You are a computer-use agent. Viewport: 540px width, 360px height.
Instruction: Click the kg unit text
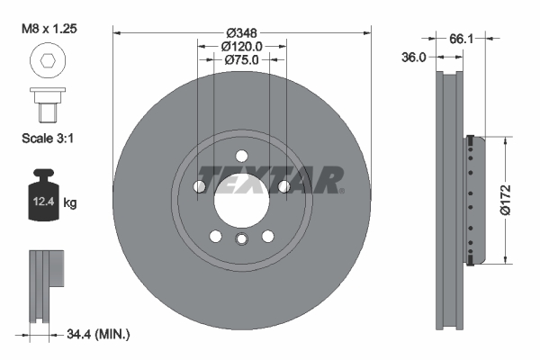pyautogui.click(x=70, y=203)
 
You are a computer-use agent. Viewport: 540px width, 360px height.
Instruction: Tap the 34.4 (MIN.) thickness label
pyautogui.click(x=98, y=335)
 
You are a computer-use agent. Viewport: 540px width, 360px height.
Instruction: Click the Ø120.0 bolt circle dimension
pyautogui.click(x=241, y=47)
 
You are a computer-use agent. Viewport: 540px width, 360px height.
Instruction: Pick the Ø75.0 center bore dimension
pyautogui.click(x=241, y=59)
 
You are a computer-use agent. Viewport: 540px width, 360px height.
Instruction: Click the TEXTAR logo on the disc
pyautogui.click(x=270, y=180)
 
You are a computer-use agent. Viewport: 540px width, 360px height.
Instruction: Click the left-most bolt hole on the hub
pyautogui.click(x=199, y=186)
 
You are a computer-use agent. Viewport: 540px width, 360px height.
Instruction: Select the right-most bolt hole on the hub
pyautogui.click(x=284, y=186)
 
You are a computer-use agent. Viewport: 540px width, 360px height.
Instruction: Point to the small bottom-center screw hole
pyautogui.click(x=241, y=238)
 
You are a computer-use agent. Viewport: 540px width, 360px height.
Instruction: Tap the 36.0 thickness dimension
pyautogui.click(x=414, y=57)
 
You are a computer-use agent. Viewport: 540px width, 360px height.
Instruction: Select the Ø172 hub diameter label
pyautogui.click(x=506, y=200)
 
